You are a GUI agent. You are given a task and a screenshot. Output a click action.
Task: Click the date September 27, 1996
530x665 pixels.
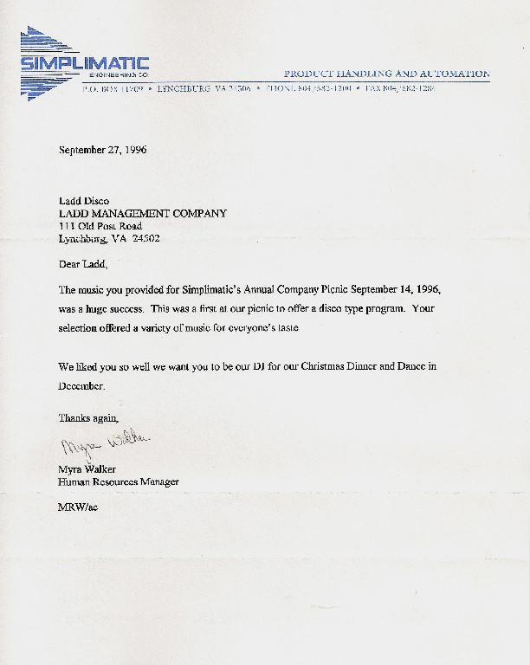click(102, 150)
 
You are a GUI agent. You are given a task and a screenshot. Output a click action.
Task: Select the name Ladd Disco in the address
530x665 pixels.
click(83, 201)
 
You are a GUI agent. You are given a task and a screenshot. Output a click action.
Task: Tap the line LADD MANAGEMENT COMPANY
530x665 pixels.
click(142, 213)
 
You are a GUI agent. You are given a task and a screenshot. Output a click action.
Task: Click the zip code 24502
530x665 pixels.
click(145, 238)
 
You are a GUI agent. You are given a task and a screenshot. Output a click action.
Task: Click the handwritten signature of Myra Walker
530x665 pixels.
click(104, 444)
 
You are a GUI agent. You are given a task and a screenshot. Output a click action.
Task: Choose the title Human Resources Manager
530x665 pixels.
click(118, 481)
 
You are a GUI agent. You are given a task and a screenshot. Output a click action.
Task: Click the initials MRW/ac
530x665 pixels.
click(77, 507)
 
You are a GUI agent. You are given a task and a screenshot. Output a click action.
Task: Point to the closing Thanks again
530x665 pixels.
click(87, 417)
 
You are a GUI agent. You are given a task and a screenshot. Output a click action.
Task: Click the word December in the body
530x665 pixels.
click(81, 386)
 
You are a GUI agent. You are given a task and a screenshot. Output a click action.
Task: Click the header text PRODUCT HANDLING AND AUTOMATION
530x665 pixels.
click(386, 74)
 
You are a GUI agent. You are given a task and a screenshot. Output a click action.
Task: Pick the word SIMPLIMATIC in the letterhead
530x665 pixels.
click(85, 63)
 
